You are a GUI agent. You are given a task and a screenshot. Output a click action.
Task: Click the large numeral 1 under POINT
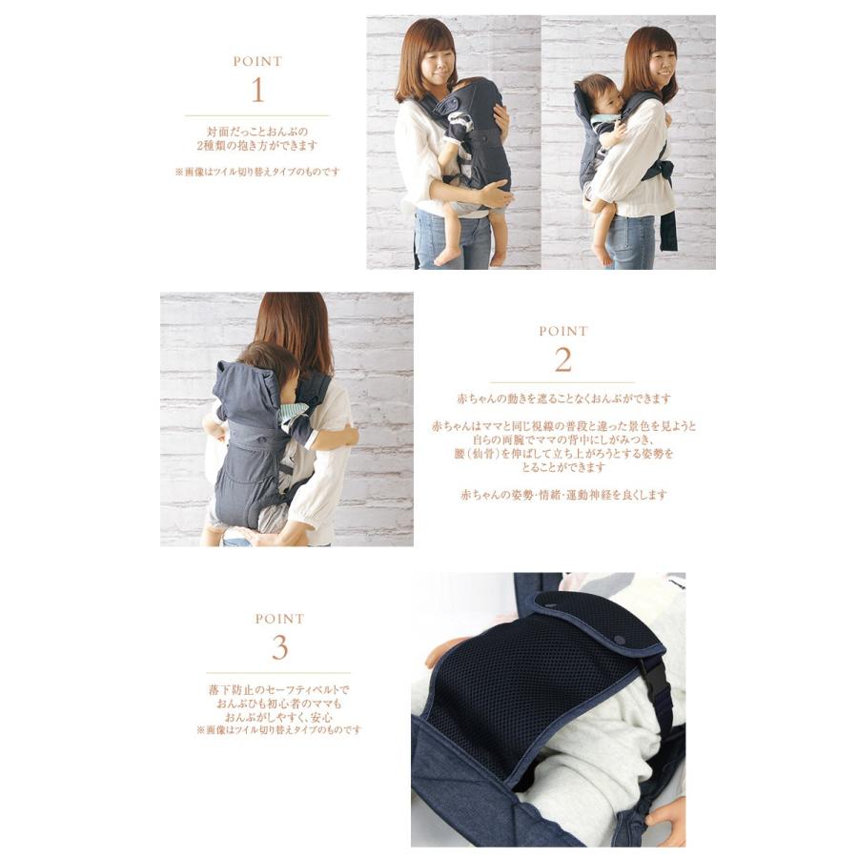[x=257, y=92]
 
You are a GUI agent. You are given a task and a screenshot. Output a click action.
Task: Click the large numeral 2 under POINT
[x=563, y=360]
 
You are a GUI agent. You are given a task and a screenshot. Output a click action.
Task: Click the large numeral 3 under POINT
[x=279, y=648]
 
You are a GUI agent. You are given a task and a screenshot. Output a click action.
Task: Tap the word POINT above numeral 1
[x=257, y=62]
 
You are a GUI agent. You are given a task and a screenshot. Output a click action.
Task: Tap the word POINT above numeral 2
[x=563, y=332]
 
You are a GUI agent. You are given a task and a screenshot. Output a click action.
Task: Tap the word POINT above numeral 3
[x=279, y=619]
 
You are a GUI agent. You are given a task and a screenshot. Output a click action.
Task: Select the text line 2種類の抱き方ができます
[x=257, y=146]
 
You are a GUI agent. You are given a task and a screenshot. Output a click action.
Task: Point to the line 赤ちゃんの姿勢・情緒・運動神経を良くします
[x=563, y=495]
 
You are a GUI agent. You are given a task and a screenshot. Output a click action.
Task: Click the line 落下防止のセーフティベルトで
[x=279, y=688]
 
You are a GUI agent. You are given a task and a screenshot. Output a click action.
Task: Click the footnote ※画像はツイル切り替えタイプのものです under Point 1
[x=257, y=173]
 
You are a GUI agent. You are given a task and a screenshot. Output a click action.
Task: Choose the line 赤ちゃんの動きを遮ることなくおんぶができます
[x=563, y=398]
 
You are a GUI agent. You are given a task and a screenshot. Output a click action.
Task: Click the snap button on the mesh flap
[x=621, y=638]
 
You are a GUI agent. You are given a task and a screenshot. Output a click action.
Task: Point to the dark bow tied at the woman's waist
[x=659, y=172]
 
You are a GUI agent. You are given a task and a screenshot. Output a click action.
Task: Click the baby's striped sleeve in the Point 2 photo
[x=293, y=412]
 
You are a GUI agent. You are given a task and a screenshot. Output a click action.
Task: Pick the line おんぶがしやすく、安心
[x=279, y=716]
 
